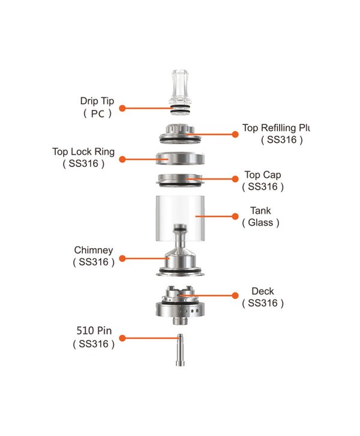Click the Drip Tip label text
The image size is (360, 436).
[x=97, y=101]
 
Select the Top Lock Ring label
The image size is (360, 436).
[x=83, y=151]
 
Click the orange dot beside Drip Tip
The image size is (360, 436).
[x=122, y=108]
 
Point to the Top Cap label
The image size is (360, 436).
[x=262, y=175]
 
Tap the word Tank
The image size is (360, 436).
[x=262, y=211]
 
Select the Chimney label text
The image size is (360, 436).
[x=94, y=250]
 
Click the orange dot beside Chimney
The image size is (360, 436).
[x=122, y=258]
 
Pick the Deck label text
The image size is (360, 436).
[x=263, y=292]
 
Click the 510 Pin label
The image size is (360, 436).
[x=94, y=332]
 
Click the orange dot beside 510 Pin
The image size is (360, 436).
[x=122, y=339]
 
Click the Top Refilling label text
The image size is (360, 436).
[x=277, y=128]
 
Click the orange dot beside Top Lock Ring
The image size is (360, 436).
[x=122, y=159]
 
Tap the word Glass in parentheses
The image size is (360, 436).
[x=262, y=223]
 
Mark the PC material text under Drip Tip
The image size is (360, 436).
[x=97, y=113]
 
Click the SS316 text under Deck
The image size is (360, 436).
[x=263, y=304]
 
